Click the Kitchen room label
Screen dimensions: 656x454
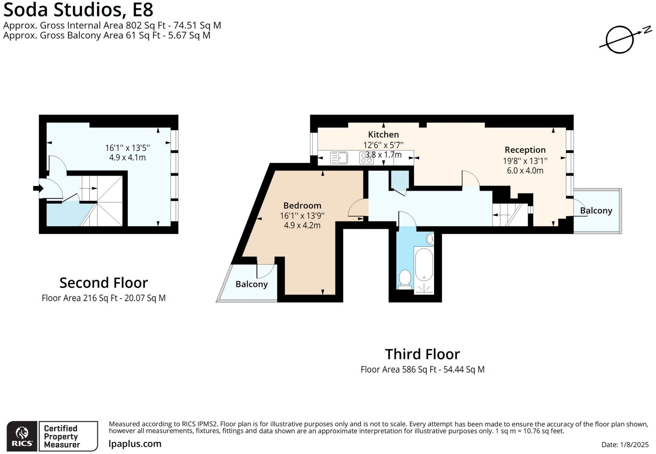[383, 134]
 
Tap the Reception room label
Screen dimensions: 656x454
[525, 150]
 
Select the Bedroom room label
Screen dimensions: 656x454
[302, 206]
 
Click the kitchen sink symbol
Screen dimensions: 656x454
[339, 158]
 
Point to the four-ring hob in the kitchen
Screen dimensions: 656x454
[366, 158]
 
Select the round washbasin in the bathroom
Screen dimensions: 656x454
[430, 239]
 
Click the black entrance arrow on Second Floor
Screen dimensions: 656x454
[38, 188]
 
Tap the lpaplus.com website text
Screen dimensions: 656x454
[135, 444]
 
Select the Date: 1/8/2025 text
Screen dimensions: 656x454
[625, 444]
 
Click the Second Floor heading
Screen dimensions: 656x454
[103, 283]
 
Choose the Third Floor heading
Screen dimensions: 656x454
[422, 354]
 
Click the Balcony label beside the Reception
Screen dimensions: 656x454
[596, 211]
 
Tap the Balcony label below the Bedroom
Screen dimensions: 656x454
[252, 284]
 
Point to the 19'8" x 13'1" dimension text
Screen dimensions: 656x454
[525, 160]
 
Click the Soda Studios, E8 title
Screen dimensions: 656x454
[78, 10]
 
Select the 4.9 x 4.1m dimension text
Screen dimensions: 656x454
[127, 157]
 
